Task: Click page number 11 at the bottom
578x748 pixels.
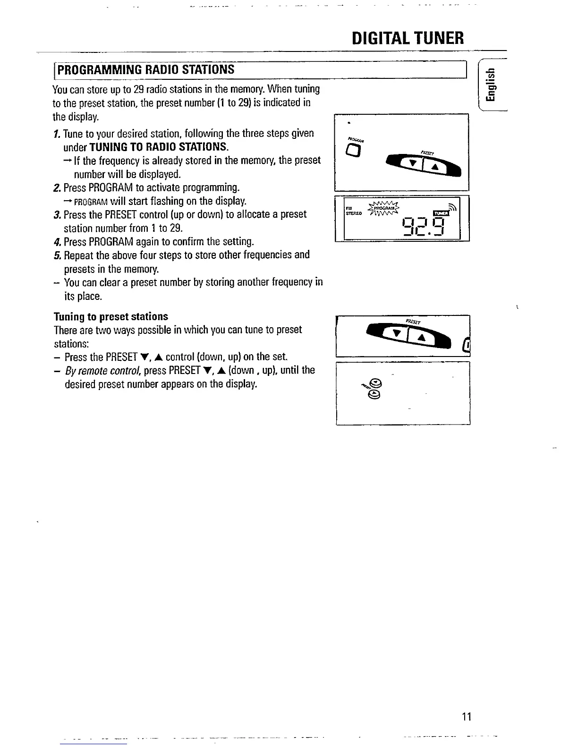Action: [467, 717]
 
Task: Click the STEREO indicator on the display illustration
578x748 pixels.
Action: [354, 213]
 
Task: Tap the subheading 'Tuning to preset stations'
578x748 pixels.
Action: [110, 316]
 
